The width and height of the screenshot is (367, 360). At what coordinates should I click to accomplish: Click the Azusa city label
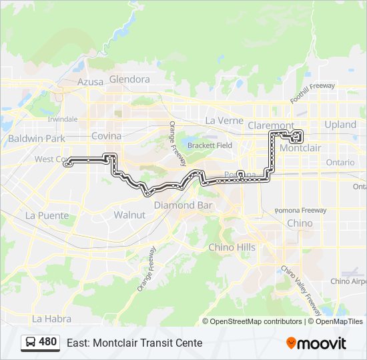point(91,82)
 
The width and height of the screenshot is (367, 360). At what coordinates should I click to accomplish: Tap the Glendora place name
point(129,79)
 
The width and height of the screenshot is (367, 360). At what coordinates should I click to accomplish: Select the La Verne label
point(220,121)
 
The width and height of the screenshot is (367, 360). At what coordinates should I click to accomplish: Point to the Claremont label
point(270,125)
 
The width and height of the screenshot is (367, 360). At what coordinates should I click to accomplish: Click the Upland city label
point(340,125)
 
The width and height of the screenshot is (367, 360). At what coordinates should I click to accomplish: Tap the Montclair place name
point(302,148)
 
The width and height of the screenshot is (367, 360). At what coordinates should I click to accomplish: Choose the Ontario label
point(340,163)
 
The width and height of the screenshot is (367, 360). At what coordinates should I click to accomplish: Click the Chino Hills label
point(232,247)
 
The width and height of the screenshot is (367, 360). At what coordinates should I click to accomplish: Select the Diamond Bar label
point(183,205)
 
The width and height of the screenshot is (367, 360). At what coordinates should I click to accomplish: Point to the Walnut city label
point(129,215)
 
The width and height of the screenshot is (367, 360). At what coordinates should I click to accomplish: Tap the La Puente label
point(47,215)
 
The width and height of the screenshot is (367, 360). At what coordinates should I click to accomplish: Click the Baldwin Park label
point(37,139)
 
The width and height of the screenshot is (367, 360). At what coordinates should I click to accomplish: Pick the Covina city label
point(107,136)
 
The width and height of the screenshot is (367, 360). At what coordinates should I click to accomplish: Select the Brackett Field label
point(210,145)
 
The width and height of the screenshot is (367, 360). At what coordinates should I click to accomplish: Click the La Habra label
point(47,319)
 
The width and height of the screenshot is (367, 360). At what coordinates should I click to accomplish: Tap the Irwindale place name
point(63,119)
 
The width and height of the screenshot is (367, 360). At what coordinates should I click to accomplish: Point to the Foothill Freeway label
point(312,93)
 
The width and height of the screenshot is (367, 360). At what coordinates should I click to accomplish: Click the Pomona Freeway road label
point(300,211)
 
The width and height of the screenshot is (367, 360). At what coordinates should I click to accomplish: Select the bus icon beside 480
point(31,343)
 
